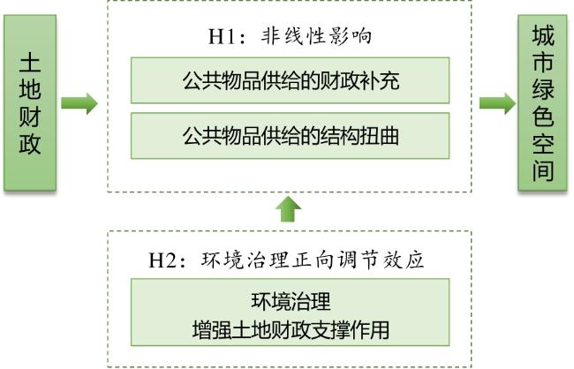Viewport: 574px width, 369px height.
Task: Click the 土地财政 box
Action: click(30, 103)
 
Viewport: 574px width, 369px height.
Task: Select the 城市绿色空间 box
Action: click(542, 103)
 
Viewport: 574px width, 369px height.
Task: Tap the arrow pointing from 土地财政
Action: click(79, 103)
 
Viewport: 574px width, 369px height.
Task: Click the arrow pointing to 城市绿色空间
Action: click(497, 103)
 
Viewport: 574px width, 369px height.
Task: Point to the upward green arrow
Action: click(289, 209)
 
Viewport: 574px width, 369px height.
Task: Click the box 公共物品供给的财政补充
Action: click(290, 80)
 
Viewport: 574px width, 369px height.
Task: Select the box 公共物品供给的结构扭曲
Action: click(290, 136)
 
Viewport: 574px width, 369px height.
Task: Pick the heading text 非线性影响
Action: click(317, 36)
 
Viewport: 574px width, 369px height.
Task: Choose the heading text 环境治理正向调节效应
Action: click(313, 260)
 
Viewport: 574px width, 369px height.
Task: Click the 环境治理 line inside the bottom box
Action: click(291, 301)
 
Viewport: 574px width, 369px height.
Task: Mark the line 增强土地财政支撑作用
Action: click(291, 329)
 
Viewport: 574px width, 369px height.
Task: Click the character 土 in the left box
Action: click(30, 62)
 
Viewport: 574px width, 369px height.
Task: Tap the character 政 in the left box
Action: click(30, 144)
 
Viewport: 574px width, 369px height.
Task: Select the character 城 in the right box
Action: click(543, 35)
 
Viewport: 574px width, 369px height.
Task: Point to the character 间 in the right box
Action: click(543, 170)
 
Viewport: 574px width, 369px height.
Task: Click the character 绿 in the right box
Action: click(543, 90)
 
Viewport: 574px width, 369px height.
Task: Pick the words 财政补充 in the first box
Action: click(359, 80)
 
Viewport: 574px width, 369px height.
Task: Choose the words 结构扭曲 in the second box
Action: click(359, 136)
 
